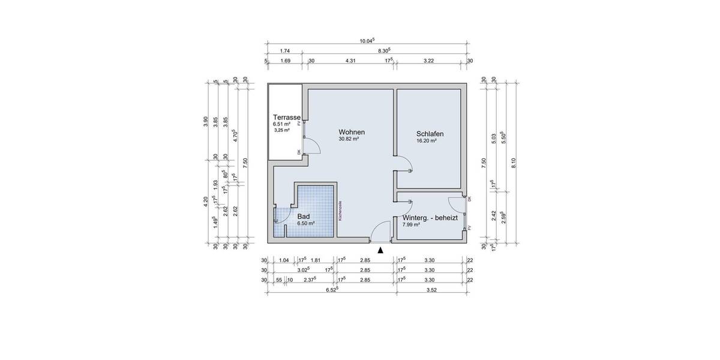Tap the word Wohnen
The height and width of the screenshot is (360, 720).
(352, 132)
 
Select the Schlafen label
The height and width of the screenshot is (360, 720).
(430, 134)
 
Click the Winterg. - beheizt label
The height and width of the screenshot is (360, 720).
(430, 218)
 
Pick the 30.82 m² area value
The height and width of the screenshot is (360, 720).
(349, 139)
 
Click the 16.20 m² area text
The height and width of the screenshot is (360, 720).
(426, 141)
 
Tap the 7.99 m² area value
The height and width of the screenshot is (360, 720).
(412, 226)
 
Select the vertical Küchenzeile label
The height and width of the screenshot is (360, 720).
(340, 211)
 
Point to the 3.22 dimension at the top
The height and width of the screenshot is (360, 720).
(429, 61)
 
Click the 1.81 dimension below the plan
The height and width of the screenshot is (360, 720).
(316, 260)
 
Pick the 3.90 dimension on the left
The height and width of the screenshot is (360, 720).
(206, 121)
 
